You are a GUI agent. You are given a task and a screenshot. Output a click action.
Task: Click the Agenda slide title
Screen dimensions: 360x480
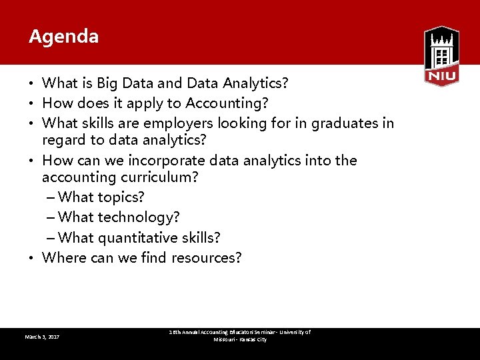(64, 37)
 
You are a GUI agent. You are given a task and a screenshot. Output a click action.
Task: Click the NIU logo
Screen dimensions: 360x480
(441, 56)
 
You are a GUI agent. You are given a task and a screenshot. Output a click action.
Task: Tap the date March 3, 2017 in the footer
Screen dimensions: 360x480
(42, 337)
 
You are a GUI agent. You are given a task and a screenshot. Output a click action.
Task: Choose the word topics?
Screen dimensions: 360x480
(121, 197)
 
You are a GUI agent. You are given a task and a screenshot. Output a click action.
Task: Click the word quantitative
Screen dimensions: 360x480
(135, 238)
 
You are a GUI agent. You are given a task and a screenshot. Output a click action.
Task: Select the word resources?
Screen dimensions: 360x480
(207, 258)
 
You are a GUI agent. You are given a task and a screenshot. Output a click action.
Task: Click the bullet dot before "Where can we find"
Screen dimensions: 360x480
(32, 259)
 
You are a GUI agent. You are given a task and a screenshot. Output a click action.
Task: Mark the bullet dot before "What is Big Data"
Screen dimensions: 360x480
(32, 84)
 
